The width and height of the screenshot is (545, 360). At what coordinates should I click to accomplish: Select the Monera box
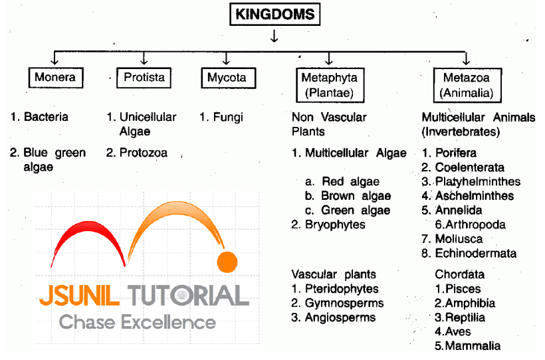tap(54, 78)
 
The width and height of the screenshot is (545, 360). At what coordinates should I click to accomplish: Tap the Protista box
tap(144, 78)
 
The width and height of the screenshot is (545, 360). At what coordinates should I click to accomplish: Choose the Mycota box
tap(227, 78)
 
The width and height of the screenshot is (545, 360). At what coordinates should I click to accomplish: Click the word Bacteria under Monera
tap(46, 117)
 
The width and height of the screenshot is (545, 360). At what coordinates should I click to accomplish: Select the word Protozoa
tap(144, 153)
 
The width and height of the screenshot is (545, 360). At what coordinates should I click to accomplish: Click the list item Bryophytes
tap(335, 225)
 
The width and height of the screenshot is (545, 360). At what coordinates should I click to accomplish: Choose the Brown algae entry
tap(356, 196)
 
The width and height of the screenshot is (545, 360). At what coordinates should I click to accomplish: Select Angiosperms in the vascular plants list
tap(340, 317)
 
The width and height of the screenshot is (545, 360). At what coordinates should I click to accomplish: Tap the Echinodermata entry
tap(475, 253)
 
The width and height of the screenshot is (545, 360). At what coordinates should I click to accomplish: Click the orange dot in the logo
tap(227, 262)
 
